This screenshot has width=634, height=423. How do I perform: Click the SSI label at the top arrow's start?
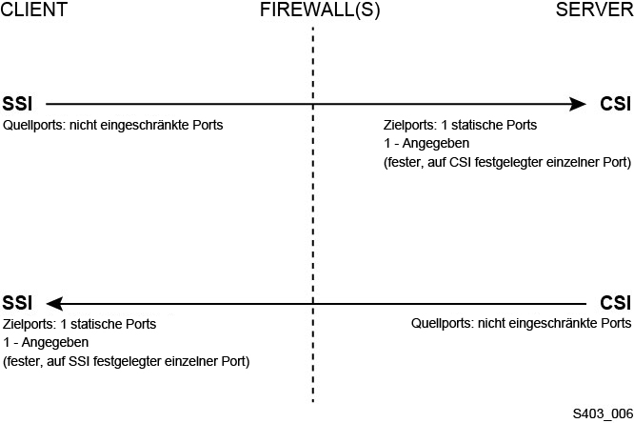click(x=19, y=103)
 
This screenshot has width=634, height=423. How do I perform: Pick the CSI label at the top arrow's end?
click(x=615, y=103)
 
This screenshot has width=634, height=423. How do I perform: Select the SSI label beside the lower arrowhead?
click(x=19, y=303)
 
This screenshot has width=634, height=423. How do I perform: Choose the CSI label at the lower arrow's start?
click(x=615, y=303)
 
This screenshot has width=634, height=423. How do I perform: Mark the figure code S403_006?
click(x=602, y=413)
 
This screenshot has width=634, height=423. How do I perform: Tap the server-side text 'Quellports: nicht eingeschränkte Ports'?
click(x=521, y=324)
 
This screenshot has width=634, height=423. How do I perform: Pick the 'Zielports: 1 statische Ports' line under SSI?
click(x=80, y=324)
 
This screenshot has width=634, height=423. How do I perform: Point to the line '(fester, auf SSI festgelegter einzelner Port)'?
click(x=127, y=362)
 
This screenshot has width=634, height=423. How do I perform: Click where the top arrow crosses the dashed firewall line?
click(x=312, y=103)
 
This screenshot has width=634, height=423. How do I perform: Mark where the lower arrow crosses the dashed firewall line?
click(x=312, y=303)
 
